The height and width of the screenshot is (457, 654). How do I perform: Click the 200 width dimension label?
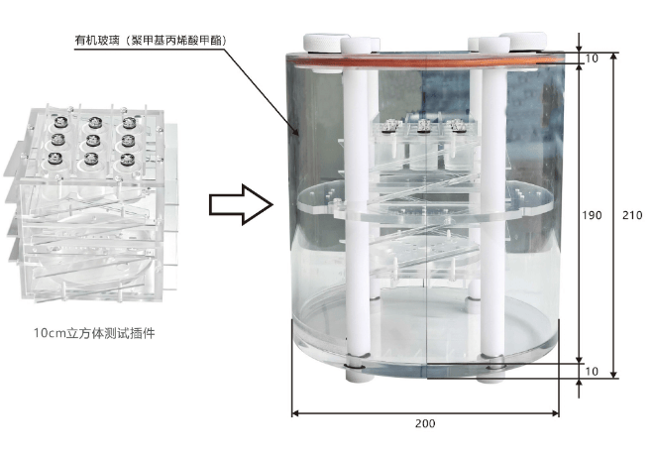coord(425,423)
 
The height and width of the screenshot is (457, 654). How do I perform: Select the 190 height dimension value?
coord(593,215)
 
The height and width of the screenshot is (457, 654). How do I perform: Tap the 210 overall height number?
coord(632,215)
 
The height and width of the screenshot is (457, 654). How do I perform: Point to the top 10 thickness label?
coord(592,58)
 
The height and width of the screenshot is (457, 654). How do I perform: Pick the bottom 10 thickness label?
coord(592,371)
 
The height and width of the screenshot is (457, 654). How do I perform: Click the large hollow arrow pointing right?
coord(241,204)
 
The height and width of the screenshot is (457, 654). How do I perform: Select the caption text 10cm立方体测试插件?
coord(95,333)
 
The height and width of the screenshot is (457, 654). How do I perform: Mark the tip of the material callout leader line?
coord(297,135)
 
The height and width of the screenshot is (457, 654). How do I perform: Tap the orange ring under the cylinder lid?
coord(425,62)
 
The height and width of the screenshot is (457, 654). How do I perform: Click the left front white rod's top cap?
coord(357,46)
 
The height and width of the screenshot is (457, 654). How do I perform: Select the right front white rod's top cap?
coord(494,46)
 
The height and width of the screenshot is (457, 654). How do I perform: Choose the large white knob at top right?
coord(523,42)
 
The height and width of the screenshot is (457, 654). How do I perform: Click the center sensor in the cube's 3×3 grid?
coord(92,141)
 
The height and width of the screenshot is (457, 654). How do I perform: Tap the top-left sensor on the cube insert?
coord(60,122)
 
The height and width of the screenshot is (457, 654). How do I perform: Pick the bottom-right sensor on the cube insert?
coord(127,159)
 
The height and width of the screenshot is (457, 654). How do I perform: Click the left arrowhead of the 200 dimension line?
coord(295,413)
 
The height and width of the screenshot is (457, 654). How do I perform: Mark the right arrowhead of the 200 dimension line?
coord(555,413)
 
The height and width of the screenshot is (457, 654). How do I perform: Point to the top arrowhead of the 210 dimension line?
coord(613,57)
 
